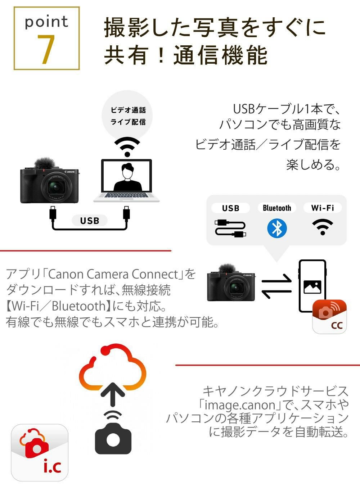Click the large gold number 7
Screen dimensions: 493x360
click(46, 50)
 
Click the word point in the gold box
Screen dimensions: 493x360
click(46, 22)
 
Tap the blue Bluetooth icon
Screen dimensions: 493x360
click(277, 228)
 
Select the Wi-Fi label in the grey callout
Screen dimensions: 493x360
click(323, 208)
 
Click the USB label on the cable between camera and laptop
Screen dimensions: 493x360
click(89, 221)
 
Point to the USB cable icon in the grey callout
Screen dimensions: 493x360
click(230, 228)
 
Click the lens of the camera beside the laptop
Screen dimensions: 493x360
click(56, 187)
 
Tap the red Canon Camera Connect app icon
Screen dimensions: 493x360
click(329, 317)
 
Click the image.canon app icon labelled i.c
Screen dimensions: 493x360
click(40, 452)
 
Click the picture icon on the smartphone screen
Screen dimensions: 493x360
click(312, 286)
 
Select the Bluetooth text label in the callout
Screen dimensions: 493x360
click(277, 208)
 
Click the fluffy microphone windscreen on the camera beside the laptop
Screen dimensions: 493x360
click(44, 163)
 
